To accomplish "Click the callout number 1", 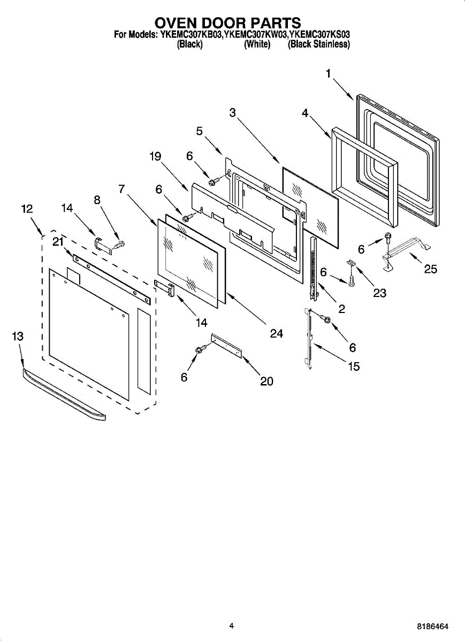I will click(x=329, y=74).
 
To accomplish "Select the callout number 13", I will click(x=18, y=336).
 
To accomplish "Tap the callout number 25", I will click(x=431, y=269).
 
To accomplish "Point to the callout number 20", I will click(x=266, y=381).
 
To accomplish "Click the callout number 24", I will click(x=276, y=333).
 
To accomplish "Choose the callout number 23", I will click(x=380, y=293).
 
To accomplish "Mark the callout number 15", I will click(x=353, y=366).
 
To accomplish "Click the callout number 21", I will click(x=58, y=241).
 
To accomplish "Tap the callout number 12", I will click(x=27, y=209).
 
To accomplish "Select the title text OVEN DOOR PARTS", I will click(x=228, y=23).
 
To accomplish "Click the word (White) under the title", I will click(x=257, y=44).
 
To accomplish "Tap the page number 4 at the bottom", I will click(x=231, y=626).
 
